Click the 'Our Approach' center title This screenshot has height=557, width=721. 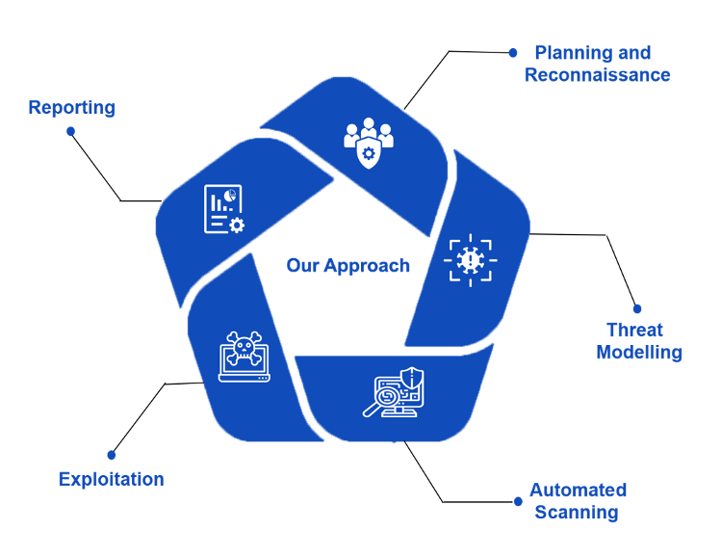pos(348,266)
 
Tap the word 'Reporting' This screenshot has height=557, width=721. pos(71,108)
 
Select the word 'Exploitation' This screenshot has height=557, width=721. pos(112,479)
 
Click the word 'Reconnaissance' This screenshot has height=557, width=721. pos(597,74)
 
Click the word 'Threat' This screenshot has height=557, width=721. pos(635,330)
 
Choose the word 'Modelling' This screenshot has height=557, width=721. pos(639,352)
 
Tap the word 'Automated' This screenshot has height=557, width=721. pos(578,490)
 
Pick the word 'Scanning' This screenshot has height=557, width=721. pos(577,512)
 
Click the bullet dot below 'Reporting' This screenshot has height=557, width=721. pos(70,131)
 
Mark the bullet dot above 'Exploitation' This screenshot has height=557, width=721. pos(112,455)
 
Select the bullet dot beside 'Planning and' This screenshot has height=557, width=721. pos(513,53)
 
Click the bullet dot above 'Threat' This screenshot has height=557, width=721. pos(637,308)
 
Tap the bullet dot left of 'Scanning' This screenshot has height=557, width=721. pos(518,501)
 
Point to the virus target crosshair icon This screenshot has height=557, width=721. pos(471,260)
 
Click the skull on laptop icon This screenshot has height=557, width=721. pos(243,358)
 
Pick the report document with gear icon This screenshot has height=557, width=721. pos(223,209)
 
